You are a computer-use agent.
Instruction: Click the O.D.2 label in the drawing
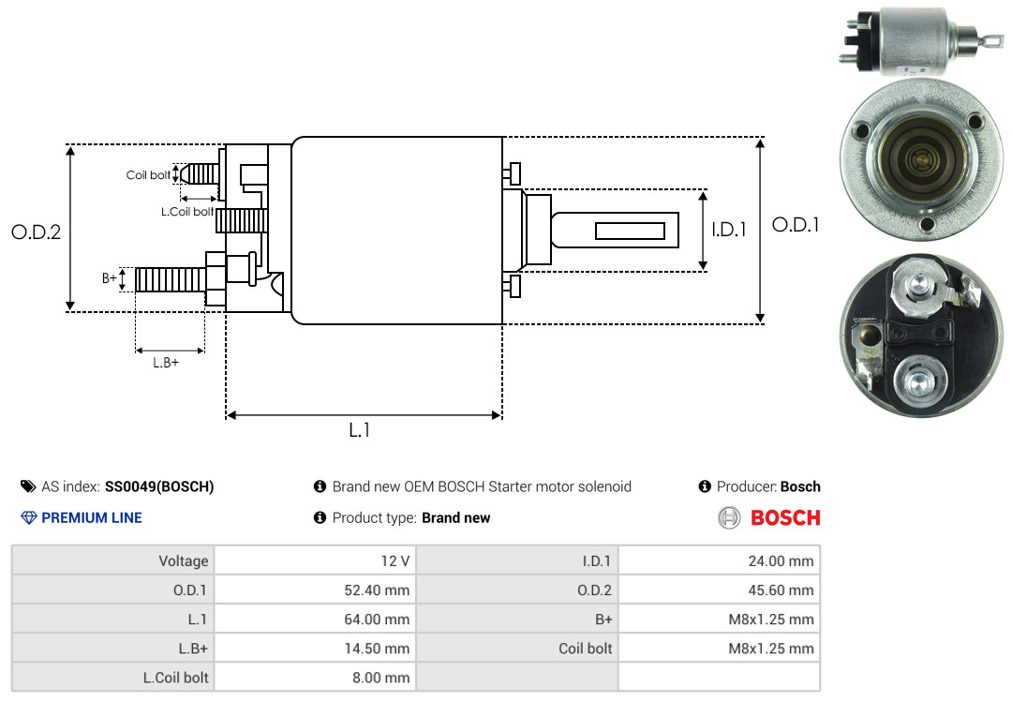point(37,232)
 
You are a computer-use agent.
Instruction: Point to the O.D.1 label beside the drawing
point(796,225)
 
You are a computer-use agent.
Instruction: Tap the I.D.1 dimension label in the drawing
point(729,230)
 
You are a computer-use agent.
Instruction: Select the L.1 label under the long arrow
point(360,430)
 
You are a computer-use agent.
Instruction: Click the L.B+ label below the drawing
point(166,363)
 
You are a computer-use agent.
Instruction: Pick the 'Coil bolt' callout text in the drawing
point(148,175)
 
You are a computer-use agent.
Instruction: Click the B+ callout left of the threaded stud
point(110,278)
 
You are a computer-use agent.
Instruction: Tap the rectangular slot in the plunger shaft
point(630,231)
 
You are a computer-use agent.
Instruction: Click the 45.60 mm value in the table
point(781,590)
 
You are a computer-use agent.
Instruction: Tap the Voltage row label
point(184,561)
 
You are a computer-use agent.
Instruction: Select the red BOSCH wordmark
point(785,518)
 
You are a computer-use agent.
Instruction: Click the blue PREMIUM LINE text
point(92,518)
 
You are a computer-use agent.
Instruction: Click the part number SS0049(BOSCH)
point(159,487)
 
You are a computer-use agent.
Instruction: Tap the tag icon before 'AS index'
point(28,486)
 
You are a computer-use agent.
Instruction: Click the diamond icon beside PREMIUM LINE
point(29,518)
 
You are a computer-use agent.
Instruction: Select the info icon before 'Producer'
point(705,486)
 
